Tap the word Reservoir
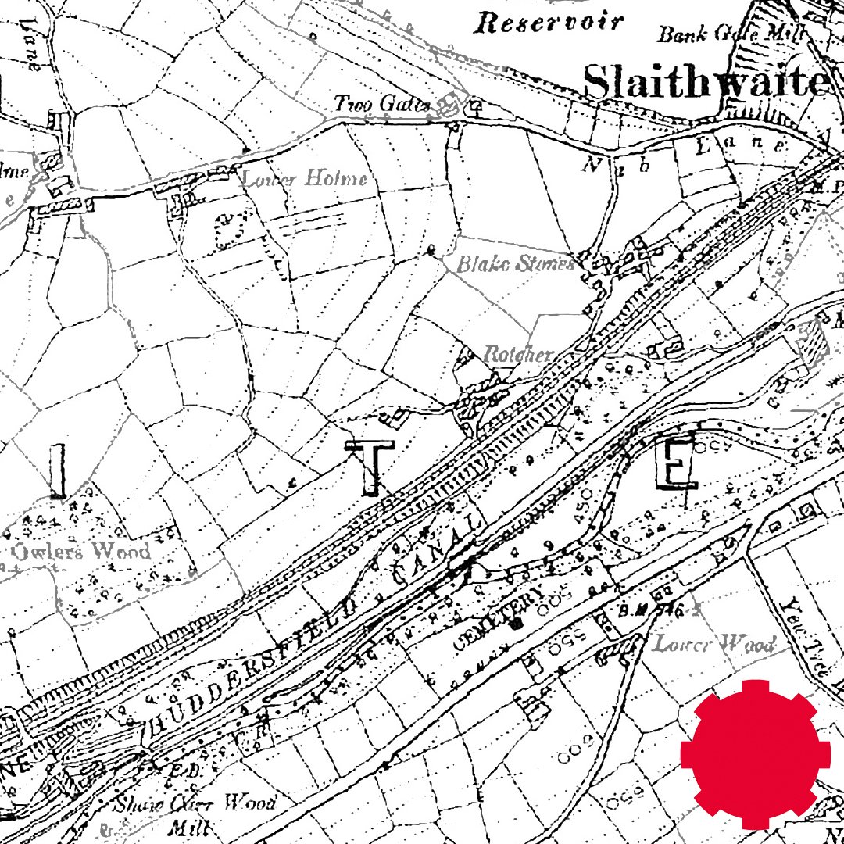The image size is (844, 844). pyautogui.click(x=551, y=23)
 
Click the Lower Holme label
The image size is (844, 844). pyautogui.click(x=304, y=179)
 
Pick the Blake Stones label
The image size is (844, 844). pyautogui.click(x=515, y=264)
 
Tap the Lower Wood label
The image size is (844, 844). pyautogui.click(x=713, y=644)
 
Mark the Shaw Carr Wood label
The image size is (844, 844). pyautogui.click(x=195, y=803)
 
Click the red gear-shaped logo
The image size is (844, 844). pyautogui.click(x=751, y=753)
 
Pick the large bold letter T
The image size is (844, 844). pyautogui.click(x=374, y=467)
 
